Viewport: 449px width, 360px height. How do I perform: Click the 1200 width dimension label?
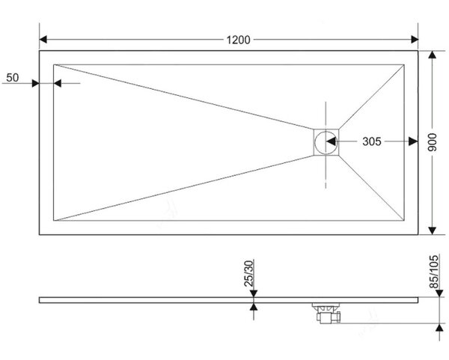pos(238,40)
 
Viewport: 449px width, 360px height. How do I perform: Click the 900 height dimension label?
pos(432,142)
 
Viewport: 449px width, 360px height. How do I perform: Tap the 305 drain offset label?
pos(372,141)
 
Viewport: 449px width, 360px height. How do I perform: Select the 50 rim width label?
pos(12,77)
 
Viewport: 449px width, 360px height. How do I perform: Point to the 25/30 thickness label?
pos(248,273)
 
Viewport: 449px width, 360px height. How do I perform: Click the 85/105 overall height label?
pos(433,272)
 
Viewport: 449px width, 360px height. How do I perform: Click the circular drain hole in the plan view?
pos(326,142)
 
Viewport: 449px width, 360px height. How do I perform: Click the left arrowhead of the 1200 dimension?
pos(43,40)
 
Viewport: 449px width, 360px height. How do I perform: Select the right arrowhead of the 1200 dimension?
pos(415,40)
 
